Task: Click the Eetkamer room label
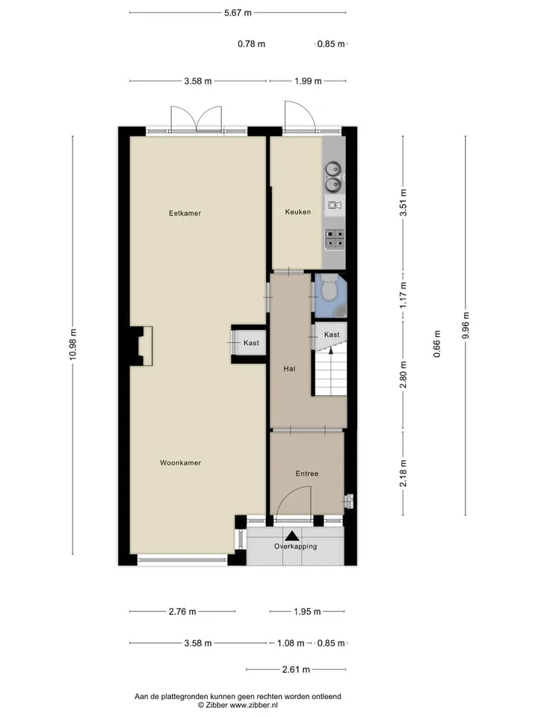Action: click(x=185, y=213)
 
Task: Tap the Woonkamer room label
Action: click(x=180, y=463)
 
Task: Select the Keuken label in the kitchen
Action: click(x=298, y=211)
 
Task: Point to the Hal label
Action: click(x=289, y=368)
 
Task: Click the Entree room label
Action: click(x=306, y=474)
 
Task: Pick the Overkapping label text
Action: click(x=296, y=546)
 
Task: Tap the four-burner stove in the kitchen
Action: click(x=335, y=239)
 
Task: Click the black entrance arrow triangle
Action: click(x=292, y=536)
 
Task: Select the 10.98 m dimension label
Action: click(x=73, y=344)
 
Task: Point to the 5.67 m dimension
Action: click(x=238, y=13)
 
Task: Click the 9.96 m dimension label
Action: click(x=466, y=325)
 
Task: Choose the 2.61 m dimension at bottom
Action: click(x=296, y=669)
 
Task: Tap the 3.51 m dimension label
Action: click(x=403, y=202)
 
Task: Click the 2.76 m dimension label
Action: click(x=182, y=612)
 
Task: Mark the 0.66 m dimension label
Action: click(x=437, y=344)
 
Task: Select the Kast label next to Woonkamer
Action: click(x=251, y=343)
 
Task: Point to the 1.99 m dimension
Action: click(x=308, y=81)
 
